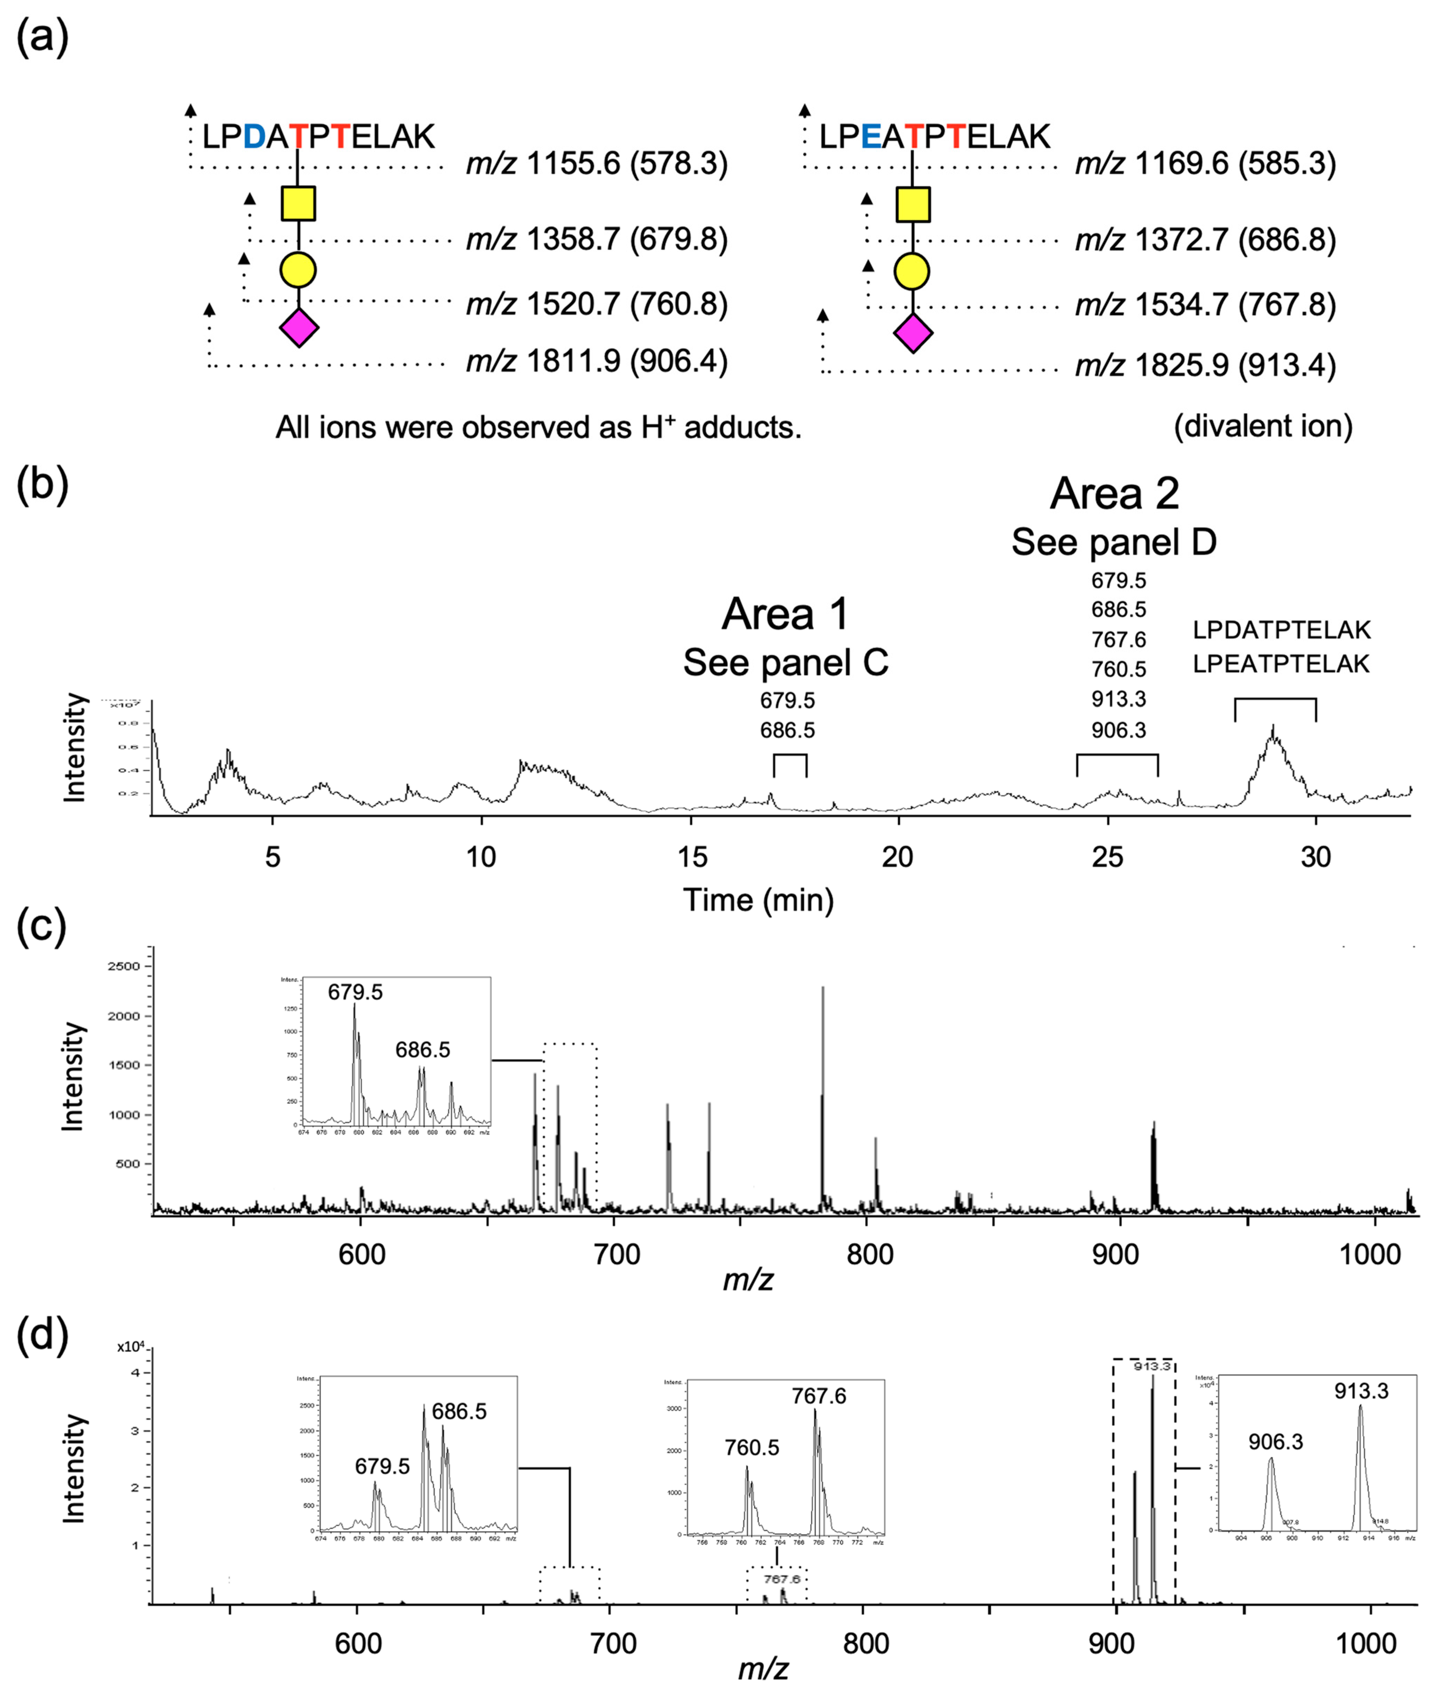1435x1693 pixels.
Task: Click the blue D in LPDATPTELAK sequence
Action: pyautogui.click(x=254, y=137)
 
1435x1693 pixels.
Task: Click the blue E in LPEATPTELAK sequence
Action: pyautogui.click(x=870, y=137)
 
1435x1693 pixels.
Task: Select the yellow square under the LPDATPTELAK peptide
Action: pyautogui.click(x=299, y=203)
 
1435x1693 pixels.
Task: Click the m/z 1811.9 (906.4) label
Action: pyautogui.click(x=596, y=361)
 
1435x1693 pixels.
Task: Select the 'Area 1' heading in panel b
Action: pyautogui.click(x=785, y=614)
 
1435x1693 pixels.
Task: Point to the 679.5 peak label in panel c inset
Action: pyautogui.click(x=356, y=992)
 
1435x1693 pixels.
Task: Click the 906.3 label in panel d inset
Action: pyautogui.click(x=1275, y=1442)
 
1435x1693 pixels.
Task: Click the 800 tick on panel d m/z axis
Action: pyautogui.click(x=866, y=1643)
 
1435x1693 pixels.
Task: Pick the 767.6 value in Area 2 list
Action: pyautogui.click(x=1119, y=640)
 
